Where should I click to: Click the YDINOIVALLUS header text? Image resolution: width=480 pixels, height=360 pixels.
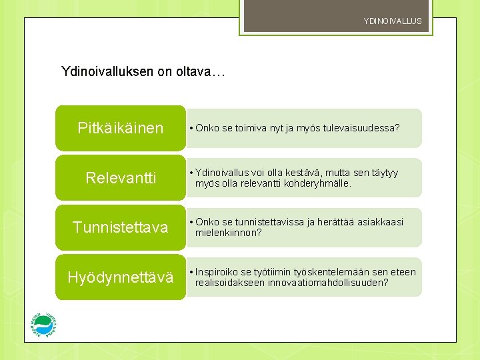tap(393, 21)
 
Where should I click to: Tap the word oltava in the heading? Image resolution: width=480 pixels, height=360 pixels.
tap(193, 71)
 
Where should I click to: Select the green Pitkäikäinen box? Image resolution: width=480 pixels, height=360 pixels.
tap(120, 128)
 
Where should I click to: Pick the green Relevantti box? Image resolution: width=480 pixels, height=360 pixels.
tap(120, 178)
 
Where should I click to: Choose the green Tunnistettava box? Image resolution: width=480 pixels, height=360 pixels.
tap(120, 227)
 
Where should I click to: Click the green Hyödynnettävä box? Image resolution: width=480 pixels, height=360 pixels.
tap(120, 277)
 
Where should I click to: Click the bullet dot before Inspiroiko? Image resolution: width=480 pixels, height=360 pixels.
tap(191, 272)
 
